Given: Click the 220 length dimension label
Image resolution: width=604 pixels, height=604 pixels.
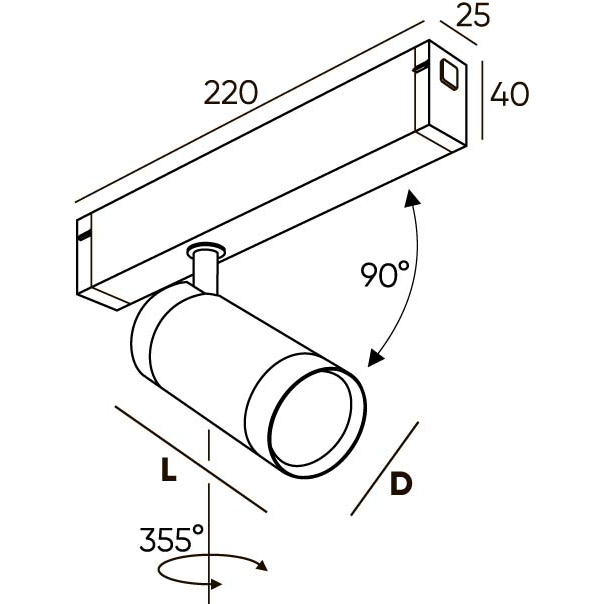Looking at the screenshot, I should tap(231, 92).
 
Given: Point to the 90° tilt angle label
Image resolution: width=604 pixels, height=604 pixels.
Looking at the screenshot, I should tap(385, 272).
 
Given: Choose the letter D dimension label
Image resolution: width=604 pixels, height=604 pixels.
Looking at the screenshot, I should tap(401, 483).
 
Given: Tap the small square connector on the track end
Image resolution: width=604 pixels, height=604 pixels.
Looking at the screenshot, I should tap(448, 74).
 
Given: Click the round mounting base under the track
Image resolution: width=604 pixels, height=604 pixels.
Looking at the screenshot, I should tap(206, 249).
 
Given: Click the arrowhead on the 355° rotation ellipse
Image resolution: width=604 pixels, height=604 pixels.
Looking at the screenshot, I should tap(264, 567).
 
